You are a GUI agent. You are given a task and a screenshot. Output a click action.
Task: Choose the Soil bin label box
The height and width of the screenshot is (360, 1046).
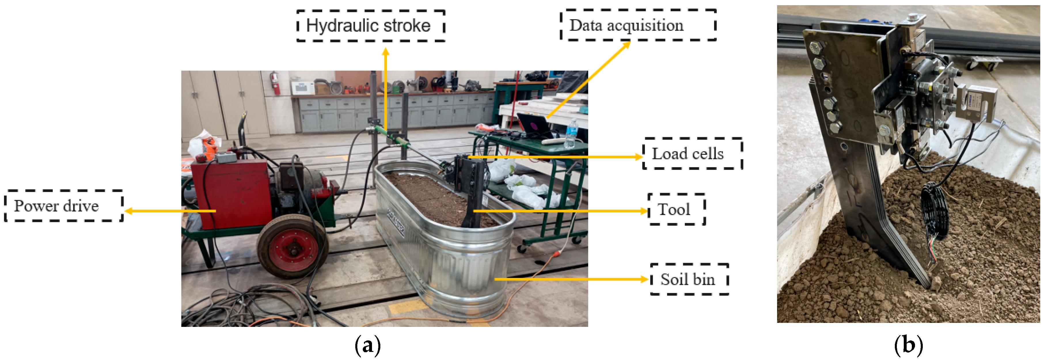689,279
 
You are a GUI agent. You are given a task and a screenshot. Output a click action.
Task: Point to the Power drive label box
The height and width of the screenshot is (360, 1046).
64,206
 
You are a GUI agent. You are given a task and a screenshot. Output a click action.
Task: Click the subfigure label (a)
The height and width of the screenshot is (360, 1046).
367,345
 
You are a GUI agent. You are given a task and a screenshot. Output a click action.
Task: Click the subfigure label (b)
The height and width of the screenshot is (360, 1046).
908,345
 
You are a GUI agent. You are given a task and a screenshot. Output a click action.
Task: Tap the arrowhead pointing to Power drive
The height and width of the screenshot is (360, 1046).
128,211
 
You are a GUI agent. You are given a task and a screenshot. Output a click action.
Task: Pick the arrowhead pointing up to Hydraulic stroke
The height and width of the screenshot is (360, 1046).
386,51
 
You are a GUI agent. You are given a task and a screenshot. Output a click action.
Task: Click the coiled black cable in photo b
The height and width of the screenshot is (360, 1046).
934,211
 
